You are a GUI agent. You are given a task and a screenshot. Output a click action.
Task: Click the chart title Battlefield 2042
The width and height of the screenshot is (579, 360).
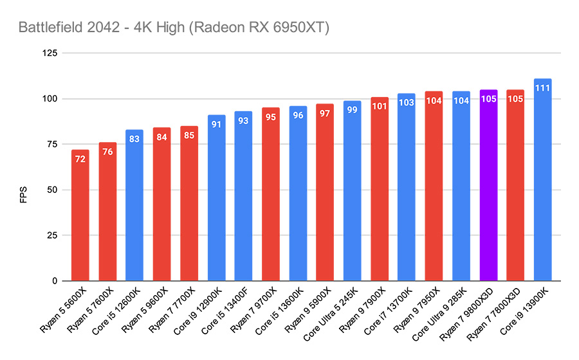[x=174, y=28]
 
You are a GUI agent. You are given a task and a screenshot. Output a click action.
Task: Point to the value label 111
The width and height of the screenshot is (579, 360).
[x=542, y=87]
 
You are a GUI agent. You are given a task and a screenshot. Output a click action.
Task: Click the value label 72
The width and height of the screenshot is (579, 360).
[x=80, y=158]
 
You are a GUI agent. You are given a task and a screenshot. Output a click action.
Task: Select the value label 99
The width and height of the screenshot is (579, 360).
[x=352, y=109]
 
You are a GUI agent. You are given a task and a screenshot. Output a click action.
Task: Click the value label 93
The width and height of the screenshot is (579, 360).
[x=243, y=120]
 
